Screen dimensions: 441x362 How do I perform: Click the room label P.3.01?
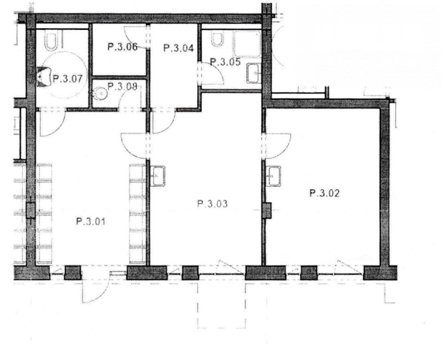coord(91,222)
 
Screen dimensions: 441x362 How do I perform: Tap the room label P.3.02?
coord(325,193)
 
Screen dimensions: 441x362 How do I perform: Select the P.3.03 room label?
coord(213,203)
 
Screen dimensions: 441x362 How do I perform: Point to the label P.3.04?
coord(179,48)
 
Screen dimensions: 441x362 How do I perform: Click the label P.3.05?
coord(225,62)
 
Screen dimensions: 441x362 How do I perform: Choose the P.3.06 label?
coord(123,47)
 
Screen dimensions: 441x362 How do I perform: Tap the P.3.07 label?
coord(68,79)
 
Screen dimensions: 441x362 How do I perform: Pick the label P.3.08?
coord(122,86)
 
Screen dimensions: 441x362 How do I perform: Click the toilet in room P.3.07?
coord(51,42)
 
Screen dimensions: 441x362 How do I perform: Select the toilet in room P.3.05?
coord(217,39)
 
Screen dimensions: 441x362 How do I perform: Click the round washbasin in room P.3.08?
coord(100,93)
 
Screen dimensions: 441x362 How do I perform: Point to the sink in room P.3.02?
coord(275,176)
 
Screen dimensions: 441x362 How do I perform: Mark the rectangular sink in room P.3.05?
coord(254,73)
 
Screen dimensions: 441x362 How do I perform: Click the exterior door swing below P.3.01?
coord(96,288)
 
